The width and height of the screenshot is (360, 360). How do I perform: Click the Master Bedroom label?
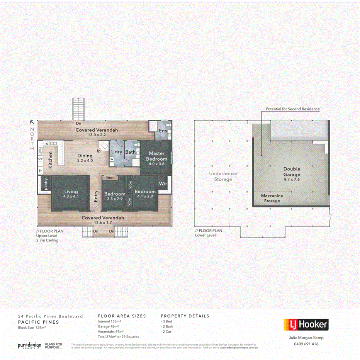point(156,156)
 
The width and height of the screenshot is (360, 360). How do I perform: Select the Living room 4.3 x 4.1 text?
point(71,194)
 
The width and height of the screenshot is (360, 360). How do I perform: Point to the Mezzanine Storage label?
point(272,198)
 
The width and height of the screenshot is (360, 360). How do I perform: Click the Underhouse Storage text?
point(223,177)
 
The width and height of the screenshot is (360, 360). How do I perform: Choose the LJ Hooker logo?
point(306,325)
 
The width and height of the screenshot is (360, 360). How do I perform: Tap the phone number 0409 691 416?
point(306,344)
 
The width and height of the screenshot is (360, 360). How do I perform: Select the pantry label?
point(46,184)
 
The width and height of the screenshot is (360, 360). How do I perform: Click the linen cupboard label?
point(109,177)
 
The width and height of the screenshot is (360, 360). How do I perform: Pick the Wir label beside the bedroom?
point(163,184)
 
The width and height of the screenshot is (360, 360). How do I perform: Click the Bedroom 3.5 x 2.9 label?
point(115,196)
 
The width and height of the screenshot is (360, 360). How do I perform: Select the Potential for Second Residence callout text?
point(292,109)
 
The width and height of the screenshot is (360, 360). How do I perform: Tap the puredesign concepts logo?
point(29,345)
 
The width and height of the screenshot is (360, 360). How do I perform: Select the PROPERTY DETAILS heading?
point(185,316)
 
